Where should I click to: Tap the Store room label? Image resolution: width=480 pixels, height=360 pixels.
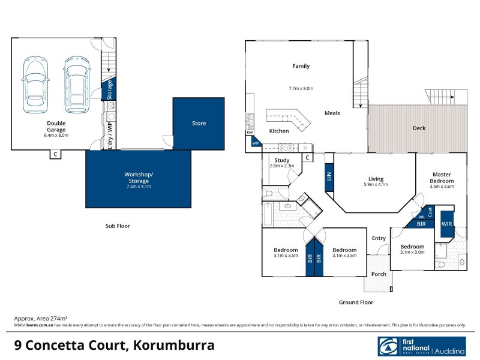(x=199, y=124)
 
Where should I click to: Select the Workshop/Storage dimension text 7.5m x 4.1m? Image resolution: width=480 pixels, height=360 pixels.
(x=138, y=187)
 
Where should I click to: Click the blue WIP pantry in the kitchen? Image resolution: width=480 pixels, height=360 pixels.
(x=256, y=143)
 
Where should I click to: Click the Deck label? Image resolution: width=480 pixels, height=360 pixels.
(x=419, y=128)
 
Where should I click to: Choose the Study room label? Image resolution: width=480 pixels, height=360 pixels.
(x=282, y=161)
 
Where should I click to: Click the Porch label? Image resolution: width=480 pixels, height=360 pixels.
(x=379, y=274)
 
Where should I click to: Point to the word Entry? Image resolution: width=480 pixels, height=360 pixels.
(x=379, y=238)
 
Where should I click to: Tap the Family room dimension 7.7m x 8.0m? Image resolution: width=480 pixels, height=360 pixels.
(x=301, y=89)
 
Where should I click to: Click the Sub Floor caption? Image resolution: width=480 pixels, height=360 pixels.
(x=114, y=226)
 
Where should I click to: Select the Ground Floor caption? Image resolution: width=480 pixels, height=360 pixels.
(x=356, y=302)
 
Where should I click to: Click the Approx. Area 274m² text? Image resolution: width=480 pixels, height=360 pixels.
(x=40, y=318)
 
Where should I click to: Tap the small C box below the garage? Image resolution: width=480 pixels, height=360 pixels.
(x=55, y=155)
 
